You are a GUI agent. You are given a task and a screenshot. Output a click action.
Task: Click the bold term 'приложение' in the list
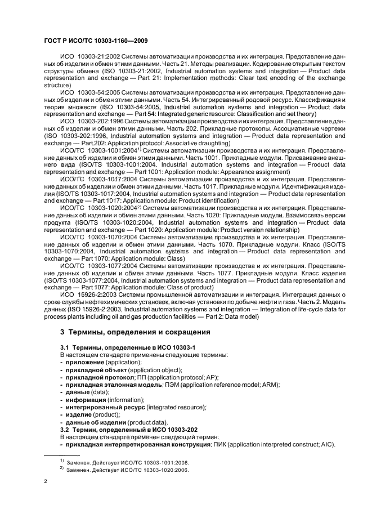pos(83,363)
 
